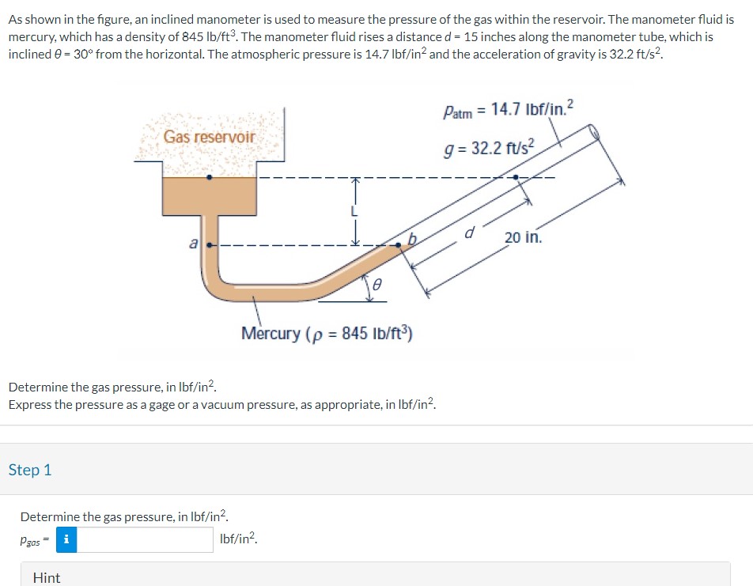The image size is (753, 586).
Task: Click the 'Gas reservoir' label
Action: [x=210, y=137]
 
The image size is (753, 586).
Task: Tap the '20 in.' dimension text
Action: [x=523, y=237]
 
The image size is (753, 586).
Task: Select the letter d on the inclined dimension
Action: [x=469, y=233]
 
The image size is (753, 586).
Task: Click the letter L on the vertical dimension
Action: [x=355, y=211]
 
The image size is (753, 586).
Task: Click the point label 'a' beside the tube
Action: [x=192, y=245]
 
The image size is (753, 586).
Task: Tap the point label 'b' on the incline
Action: [x=411, y=238]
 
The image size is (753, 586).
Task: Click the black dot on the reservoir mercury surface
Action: [x=209, y=177]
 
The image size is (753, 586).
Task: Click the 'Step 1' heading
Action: [x=30, y=470]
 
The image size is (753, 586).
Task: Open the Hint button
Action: [x=47, y=577]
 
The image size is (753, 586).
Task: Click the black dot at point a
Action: [x=209, y=245]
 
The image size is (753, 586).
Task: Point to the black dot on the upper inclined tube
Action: [x=516, y=178]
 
